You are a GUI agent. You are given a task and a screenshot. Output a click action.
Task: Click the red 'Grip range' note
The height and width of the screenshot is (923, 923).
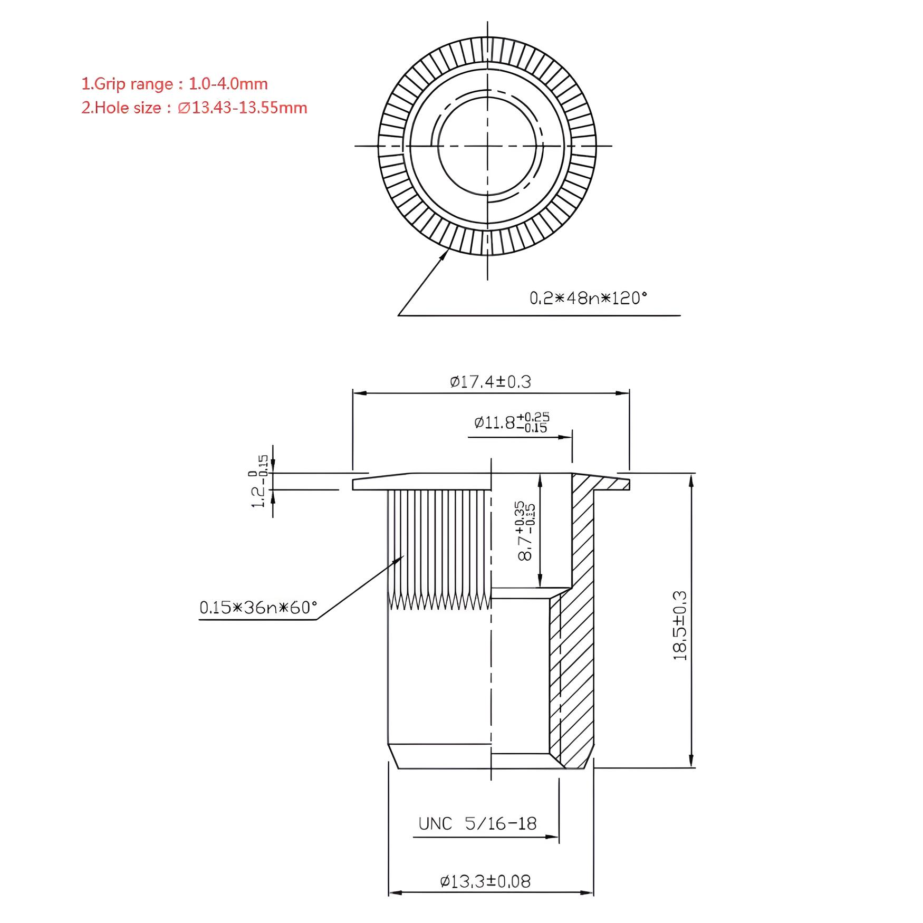coord(174,84)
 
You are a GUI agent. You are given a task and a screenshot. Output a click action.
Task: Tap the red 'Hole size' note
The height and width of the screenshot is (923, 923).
coord(194,108)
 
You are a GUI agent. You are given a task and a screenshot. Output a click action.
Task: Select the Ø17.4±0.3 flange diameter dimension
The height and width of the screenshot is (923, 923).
coord(490,381)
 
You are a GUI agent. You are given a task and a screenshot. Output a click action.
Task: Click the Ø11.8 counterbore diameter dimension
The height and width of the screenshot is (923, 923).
coord(511,422)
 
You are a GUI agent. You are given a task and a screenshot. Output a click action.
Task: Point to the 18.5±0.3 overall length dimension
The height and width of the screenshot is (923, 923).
coord(680,626)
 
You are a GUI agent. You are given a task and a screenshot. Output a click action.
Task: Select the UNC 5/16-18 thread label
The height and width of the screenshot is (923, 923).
coord(477,823)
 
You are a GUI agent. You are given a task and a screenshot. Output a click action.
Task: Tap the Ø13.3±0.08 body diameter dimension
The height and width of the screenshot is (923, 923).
coord(485,881)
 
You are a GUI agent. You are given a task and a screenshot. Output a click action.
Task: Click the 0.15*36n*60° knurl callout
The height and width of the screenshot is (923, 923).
coord(258,608)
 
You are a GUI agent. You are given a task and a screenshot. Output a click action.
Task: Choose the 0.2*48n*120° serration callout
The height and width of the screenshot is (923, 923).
coord(588,299)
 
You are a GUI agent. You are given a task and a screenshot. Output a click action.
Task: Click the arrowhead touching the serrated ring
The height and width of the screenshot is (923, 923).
coord(446,254)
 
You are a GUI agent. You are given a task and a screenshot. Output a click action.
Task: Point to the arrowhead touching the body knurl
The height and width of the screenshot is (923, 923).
coord(400,559)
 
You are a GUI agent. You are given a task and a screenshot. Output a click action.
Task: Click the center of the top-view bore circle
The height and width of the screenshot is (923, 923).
coord(487,146)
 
